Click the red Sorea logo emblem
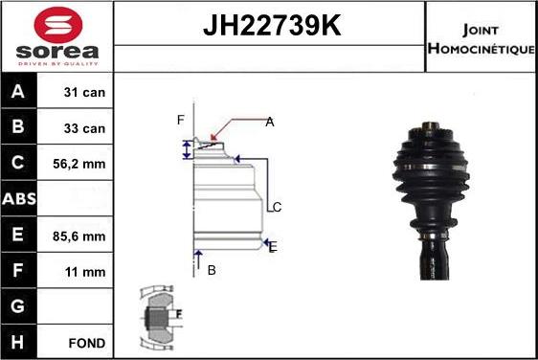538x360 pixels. (x=58, y=24)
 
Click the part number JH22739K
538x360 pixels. (x=272, y=25)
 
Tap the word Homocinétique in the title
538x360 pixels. (x=482, y=49)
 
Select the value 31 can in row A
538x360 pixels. (x=84, y=92)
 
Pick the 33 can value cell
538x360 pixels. (x=84, y=128)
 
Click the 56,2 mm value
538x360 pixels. (x=78, y=164)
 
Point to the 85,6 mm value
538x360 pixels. (x=78, y=236)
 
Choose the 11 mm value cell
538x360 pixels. (x=85, y=272)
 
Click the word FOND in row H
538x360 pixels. (x=87, y=343)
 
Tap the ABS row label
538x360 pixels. (x=19, y=199)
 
